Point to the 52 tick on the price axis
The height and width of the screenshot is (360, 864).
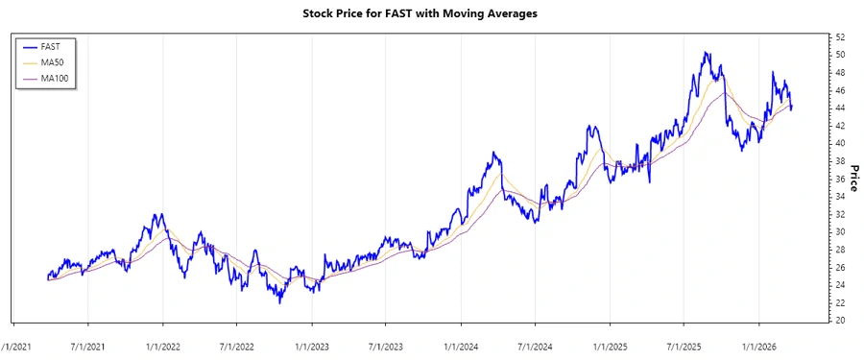click(x=839, y=36)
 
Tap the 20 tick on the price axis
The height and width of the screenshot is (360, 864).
click(x=839, y=321)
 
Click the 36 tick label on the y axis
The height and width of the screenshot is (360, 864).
click(x=839, y=179)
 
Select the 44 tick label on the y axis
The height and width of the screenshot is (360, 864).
click(x=839, y=108)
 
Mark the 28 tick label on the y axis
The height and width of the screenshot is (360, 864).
click(x=839, y=250)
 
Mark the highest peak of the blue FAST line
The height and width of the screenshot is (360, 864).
click(x=706, y=53)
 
